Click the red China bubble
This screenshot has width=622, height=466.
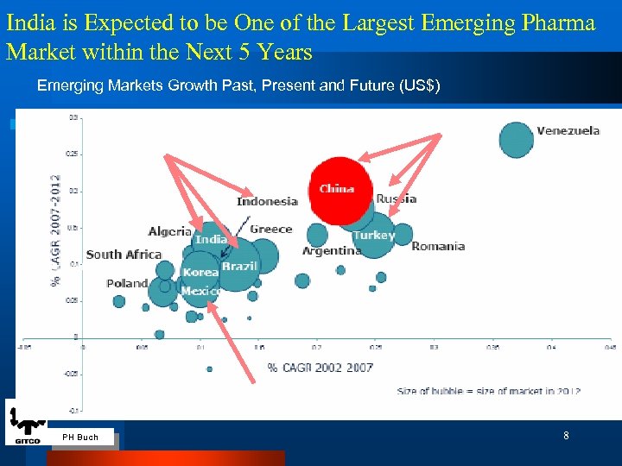(340, 186)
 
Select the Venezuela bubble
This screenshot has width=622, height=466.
(517, 140)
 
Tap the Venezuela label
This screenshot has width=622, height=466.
(568, 131)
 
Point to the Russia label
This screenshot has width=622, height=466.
(397, 199)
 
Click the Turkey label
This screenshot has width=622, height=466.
(374, 235)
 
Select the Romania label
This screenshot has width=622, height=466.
(438, 247)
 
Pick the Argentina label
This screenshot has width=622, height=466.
(332, 251)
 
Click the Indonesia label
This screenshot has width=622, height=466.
(267, 202)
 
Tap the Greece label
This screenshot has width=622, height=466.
(271, 230)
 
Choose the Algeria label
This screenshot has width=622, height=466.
(170, 231)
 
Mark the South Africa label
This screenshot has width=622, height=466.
(124, 255)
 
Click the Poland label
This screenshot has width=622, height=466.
(127, 283)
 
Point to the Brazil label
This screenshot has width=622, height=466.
(239, 267)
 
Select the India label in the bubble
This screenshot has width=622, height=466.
(211, 239)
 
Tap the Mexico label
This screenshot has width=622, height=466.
(200, 292)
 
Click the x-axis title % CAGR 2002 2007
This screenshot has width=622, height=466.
(320, 368)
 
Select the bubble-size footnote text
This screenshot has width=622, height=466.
(488, 391)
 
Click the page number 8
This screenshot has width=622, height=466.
(566, 436)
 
